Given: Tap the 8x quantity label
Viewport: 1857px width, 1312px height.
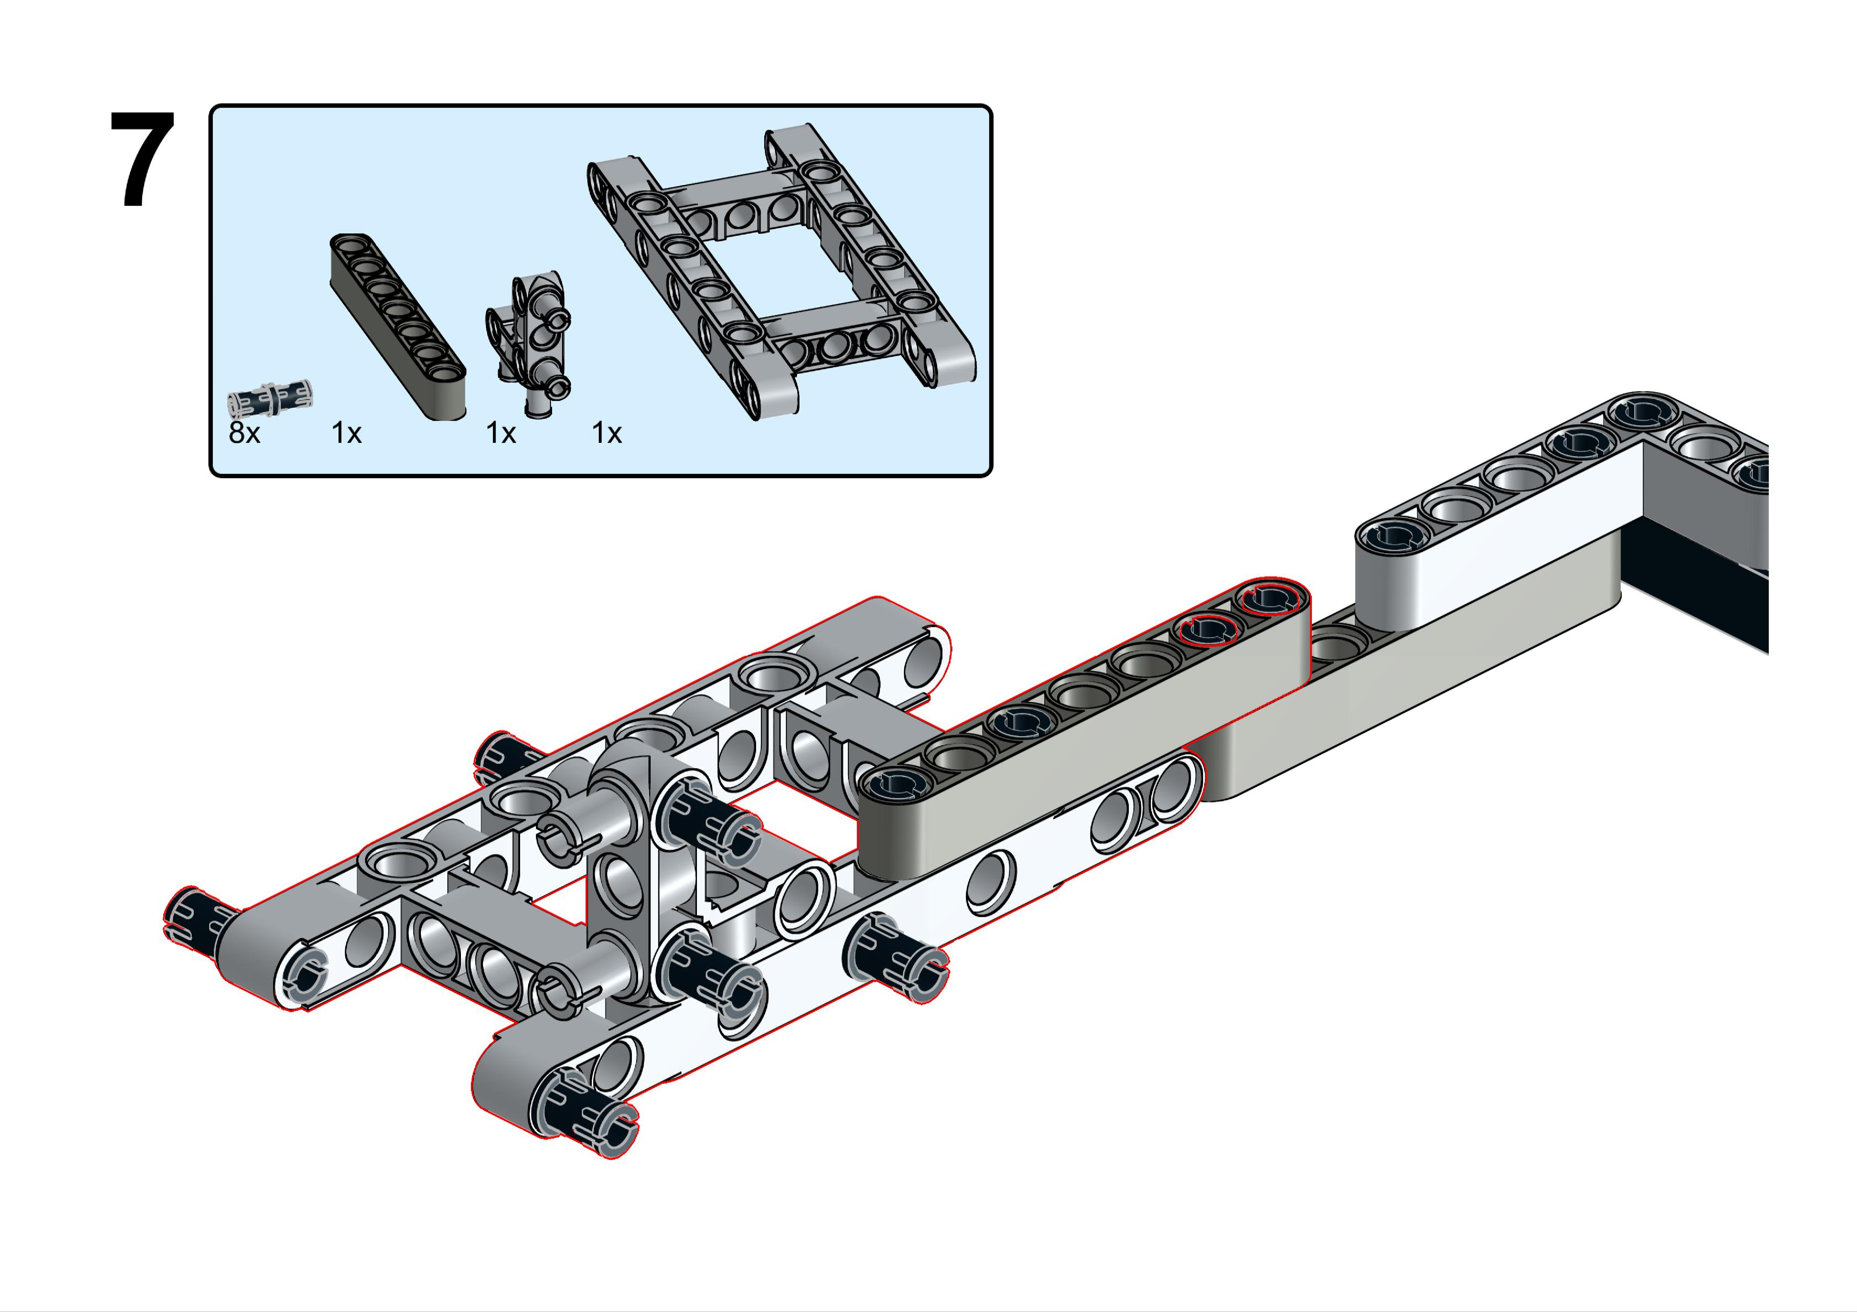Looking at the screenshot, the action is point(244,434).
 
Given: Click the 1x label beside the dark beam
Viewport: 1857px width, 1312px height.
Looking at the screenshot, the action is point(346,434).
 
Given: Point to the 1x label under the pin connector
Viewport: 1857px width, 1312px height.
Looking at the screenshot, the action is point(501,434).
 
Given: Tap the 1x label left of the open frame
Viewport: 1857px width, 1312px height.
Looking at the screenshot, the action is point(607,434).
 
